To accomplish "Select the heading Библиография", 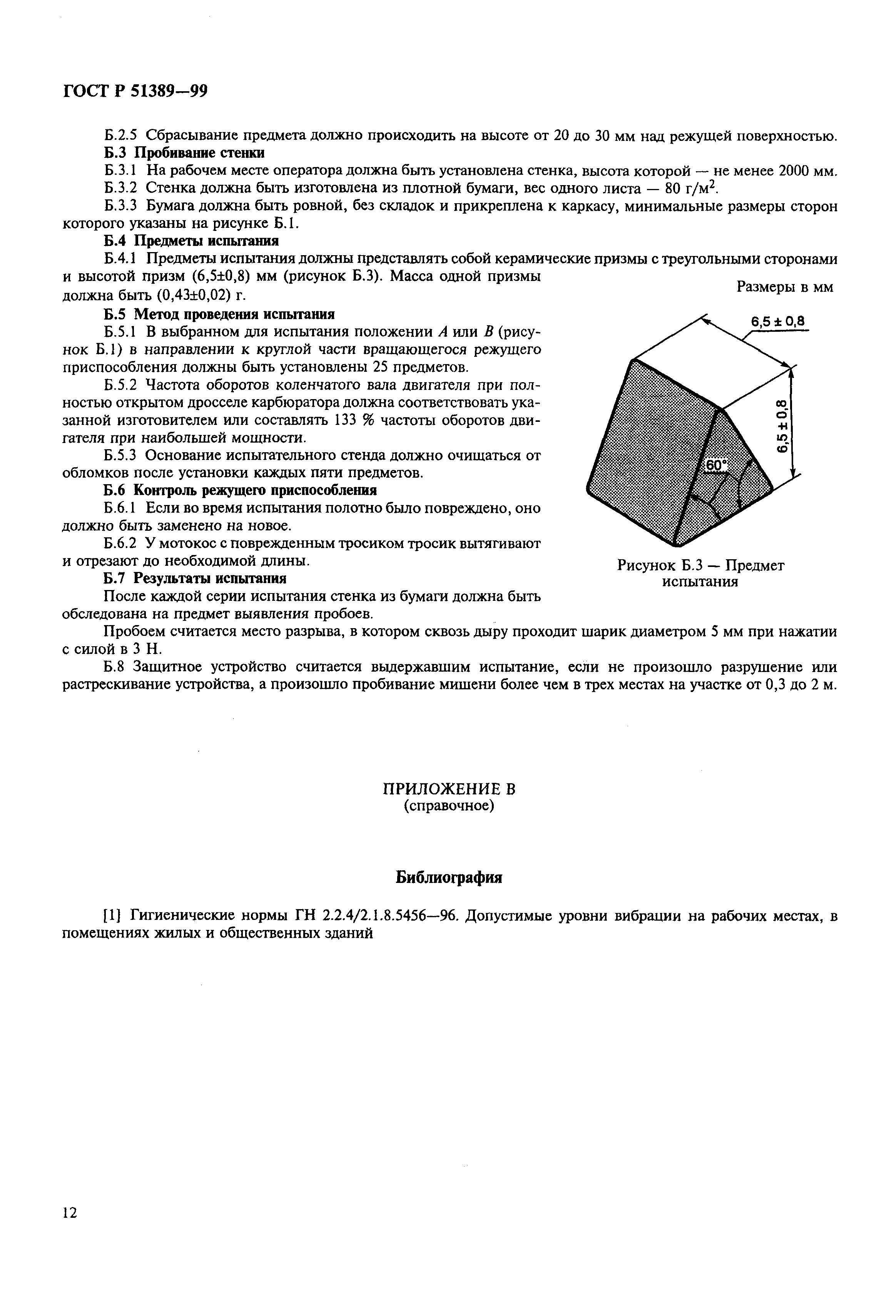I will pos(449,878).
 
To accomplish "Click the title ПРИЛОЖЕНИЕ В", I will pos(449,789).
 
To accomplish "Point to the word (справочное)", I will pos(449,806).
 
